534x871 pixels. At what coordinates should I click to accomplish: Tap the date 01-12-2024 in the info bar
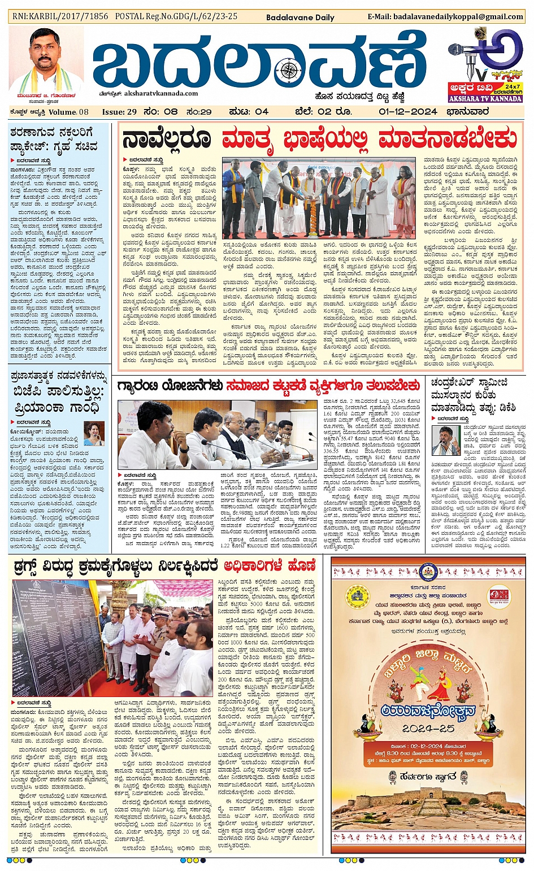tap(408, 111)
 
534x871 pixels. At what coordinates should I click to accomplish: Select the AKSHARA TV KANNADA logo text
tap(485, 98)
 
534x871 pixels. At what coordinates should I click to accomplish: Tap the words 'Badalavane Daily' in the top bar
tap(309, 17)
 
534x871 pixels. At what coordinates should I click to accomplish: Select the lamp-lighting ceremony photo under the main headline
tap(319, 199)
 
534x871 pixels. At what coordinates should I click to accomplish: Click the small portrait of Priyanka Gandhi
tap(94, 434)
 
